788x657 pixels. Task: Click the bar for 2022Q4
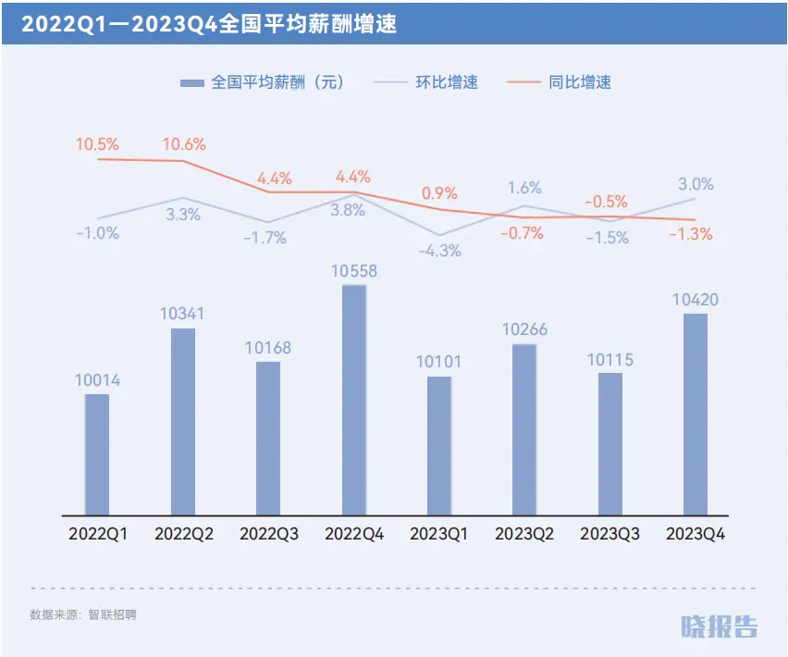click(354, 399)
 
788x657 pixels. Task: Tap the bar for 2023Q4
click(695, 414)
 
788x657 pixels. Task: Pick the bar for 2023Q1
click(439, 445)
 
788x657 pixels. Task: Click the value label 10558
click(354, 271)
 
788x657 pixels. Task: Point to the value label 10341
click(182, 315)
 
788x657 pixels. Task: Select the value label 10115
click(610, 360)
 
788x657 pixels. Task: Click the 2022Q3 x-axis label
click(268, 534)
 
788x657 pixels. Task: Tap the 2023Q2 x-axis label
click(524, 534)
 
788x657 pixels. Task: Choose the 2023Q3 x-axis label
click(610, 534)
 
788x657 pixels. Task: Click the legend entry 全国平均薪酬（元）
click(263, 82)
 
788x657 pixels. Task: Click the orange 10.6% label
click(183, 144)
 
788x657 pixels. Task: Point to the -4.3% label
click(439, 251)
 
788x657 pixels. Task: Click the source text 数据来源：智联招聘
click(83, 614)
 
